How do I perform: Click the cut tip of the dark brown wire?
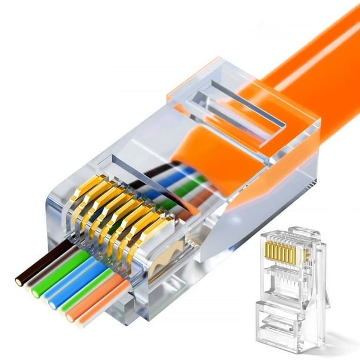19,281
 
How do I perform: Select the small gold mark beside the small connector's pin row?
306,254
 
